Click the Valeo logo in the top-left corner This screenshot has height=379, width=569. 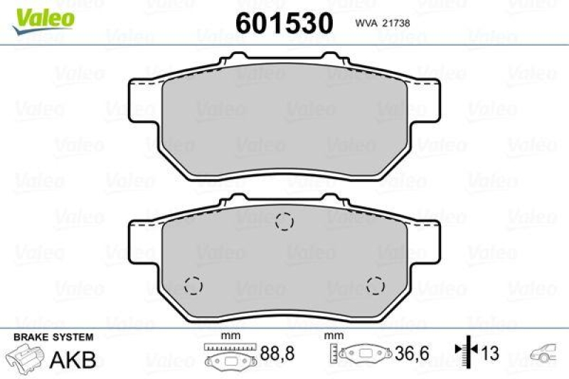coord(42,16)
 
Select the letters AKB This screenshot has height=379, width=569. coord(72,360)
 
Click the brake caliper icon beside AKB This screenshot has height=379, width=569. coord(26,357)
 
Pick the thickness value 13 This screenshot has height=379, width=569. coord(490,353)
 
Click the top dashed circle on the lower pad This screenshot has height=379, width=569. coord(284,223)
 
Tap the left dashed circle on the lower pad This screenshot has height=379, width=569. coord(193,286)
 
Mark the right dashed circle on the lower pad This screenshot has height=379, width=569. coord(375,286)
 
